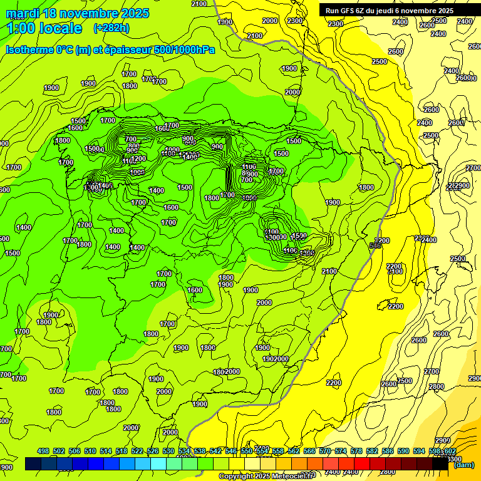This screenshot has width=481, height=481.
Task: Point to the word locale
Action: pyautogui.click(x=61, y=28)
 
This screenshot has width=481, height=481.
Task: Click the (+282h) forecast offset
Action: pyautogui.click(x=111, y=28)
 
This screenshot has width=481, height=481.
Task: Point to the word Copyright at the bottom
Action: pyautogui.click(x=237, y=477)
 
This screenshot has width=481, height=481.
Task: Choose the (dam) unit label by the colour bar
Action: pyautogui.click(x=464, y=465)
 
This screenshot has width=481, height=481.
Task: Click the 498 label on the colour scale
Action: pyautogui.click(x=43, y=451)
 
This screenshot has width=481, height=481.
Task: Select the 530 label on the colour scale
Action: pyautogui.click(x=168, y=451)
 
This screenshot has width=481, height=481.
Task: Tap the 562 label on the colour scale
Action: pyautogui.click(x=294, y=451)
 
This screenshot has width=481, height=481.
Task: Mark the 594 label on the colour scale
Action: pyautogui.click(x=419, y=451)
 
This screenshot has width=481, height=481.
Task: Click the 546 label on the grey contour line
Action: pyautogui.click(x=375, y=246)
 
